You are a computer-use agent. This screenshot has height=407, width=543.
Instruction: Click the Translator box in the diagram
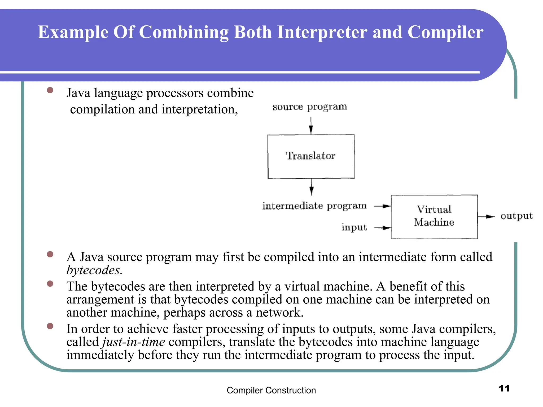tap(311, 156)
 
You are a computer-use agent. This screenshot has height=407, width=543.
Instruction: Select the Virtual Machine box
tap(434, 216)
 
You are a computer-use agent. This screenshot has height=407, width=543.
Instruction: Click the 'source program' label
tap(310, 107)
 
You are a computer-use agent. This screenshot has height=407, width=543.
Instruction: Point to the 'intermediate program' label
tap(314, 206)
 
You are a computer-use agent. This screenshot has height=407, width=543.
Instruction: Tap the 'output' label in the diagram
tap(516, 216)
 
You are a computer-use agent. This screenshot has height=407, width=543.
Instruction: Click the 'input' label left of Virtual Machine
tap(354, 227)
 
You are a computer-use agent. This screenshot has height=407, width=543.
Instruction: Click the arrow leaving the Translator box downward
tap(312, 187)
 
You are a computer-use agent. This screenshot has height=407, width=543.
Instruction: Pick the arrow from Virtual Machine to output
tap(486, 217)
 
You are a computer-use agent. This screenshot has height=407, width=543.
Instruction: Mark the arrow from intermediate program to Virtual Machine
tap(383, 206)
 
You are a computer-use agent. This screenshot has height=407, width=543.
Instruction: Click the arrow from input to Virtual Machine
tap(383, 228)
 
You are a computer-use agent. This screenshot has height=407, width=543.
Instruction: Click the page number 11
tap(504, 388)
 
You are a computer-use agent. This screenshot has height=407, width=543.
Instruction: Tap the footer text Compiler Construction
tap(271, 390)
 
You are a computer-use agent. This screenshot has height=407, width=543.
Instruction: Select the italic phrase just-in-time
tap(134, 342)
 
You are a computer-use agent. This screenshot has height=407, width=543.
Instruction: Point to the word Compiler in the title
tap(445, 32)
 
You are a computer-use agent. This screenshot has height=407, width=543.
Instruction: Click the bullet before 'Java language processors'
tap(50, 90)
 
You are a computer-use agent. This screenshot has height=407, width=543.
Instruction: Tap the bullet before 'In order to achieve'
tap(50, 326)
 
